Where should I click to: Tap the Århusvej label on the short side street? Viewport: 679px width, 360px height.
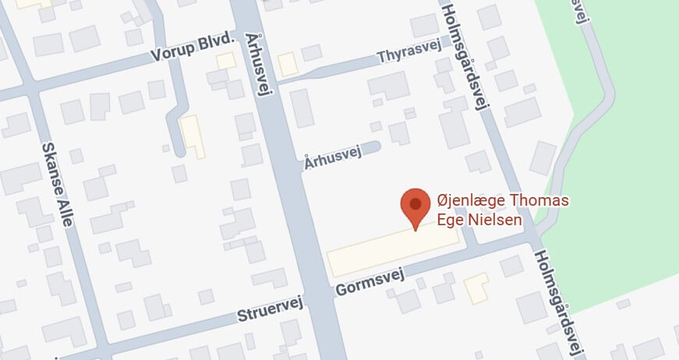click(332, 157)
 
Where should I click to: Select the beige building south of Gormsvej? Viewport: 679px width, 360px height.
click(476, 288)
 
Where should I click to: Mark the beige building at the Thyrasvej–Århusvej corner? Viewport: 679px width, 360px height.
click(288, 64)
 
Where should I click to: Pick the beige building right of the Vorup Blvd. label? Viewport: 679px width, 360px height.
click(225, 60)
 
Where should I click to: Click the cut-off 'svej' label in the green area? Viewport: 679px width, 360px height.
click(580, 12)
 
